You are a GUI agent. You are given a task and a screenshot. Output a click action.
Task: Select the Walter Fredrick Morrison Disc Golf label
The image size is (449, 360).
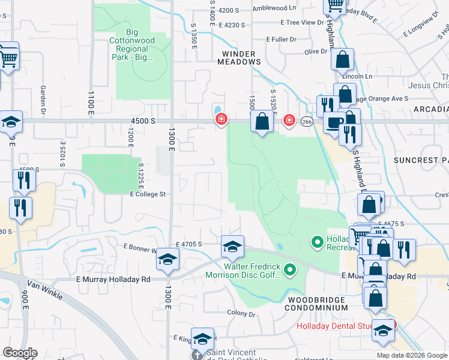click(x=252, y=271)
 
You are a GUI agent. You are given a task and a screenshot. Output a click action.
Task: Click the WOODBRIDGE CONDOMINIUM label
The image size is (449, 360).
click(x=318, y=304)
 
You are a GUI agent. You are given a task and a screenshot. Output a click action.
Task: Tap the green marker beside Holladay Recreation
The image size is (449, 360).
click(x=318, y=242)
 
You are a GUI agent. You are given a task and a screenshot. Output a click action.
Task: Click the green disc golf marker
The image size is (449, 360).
click(x=291, y=271)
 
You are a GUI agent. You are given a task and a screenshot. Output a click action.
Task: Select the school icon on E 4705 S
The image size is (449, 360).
click(x=232, y=246)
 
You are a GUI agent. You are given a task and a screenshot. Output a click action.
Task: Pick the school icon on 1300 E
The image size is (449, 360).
click(x=167, y=259)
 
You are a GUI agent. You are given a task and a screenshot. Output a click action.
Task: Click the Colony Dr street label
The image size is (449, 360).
click(x=241, y=313)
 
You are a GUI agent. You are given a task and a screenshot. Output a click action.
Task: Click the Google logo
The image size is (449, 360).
click(x=20, y=353)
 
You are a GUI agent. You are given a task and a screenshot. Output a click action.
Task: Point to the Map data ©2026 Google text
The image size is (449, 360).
click(x=411, y=355)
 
